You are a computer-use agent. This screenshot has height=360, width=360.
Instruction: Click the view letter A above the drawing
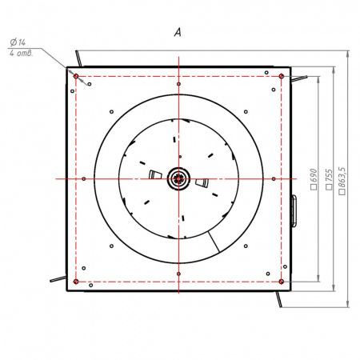pos(178,33)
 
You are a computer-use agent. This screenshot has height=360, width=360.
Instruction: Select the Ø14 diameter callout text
pos(18,42)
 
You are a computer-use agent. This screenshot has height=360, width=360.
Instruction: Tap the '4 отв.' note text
pos(22,54)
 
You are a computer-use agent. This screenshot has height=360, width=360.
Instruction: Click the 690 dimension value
pos(314,179)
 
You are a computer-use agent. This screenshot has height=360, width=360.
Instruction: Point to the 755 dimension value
pos(330,179)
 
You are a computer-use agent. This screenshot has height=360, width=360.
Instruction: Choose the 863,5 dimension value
pos(342,181)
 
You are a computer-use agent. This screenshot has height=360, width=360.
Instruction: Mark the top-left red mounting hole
pos(76,76)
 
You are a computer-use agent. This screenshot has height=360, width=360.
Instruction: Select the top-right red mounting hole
pos(282,76)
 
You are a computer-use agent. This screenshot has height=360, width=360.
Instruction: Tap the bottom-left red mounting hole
pos(76,282)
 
